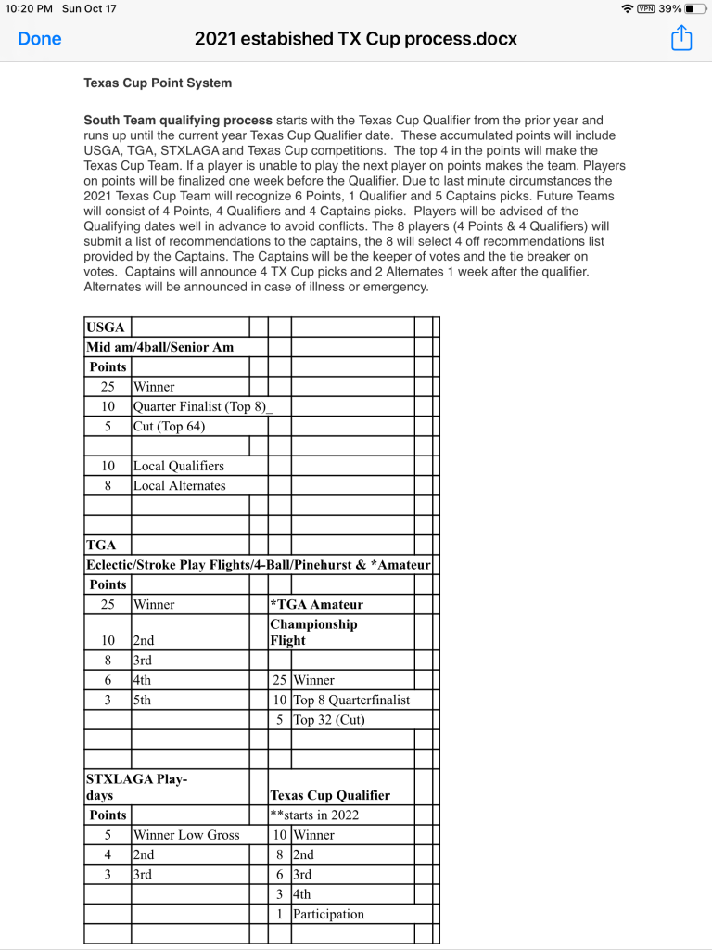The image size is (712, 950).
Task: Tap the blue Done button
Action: [x=40, y=39]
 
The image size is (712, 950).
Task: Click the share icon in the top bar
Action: [x=681, y=38]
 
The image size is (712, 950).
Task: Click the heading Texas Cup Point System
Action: [x=158, y=83]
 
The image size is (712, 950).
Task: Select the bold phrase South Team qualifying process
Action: [x=178, y=121]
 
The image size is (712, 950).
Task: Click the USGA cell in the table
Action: [x=105, y=327]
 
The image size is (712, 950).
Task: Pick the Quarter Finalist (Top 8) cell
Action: [x=199, y=406]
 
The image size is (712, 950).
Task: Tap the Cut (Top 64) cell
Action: [x=170, y=426]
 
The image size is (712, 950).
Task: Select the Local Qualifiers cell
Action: [x=179, y=466]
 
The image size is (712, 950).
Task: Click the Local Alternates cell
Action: [x=180, y=485]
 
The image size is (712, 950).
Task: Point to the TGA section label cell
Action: [x=101, y=545]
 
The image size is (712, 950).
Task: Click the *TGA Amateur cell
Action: [x=317, y=604]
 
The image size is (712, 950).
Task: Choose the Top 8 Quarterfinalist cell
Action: [x=350, y=700]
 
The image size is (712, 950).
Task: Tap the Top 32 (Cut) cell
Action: [x=329, y=719]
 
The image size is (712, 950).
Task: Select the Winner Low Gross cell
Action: [x=186, y=835]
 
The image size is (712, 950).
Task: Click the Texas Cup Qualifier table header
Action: [x=330, y=795]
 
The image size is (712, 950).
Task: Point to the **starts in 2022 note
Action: [x=314, y=815]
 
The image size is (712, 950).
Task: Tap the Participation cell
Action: [x=328, y=914]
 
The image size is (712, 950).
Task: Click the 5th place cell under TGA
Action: [x=142, y=700]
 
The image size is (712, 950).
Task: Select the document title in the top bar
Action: [x=356, y=39]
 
